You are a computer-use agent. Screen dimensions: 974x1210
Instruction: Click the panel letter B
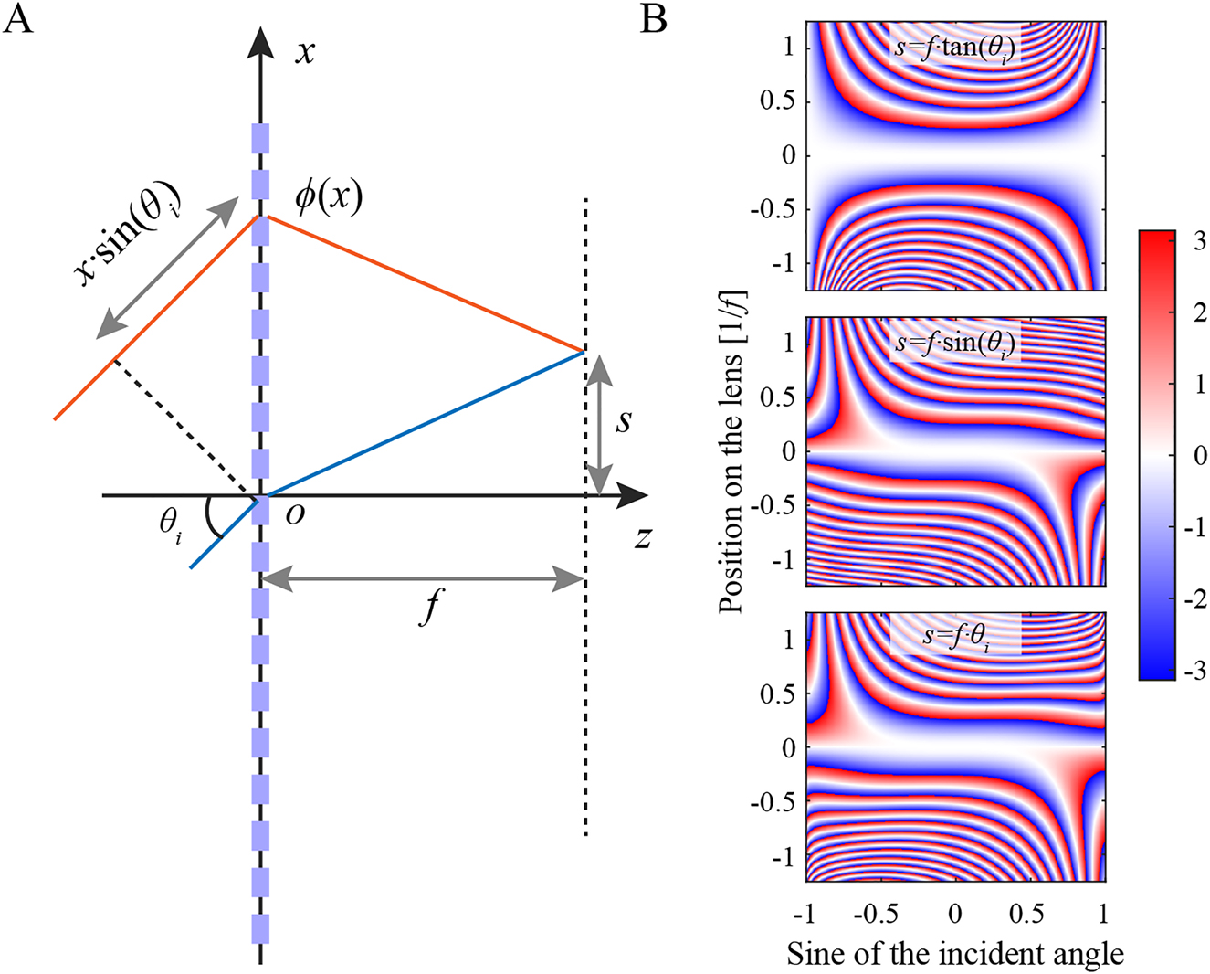pyautogui.click(x=653, y=18)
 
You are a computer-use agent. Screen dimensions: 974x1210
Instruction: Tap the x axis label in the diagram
pyautogui.click(x=305, y=51)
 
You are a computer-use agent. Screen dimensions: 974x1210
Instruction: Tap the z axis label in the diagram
pyautogui.click(x=643, y=537)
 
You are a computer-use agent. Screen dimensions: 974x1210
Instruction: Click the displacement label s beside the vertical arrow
pyautogui.click(x=624, y=421)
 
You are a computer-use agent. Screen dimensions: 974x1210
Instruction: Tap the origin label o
pyautogui.click(x=295, y=514)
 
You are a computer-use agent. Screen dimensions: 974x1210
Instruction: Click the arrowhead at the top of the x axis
pyautogui.click(x=261, y=42)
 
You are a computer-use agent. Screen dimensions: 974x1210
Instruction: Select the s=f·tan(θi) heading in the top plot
pyautogui.click(x=955, y=45)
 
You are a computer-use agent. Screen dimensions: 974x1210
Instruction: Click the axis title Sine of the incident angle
pyautogui.click(x=955, y=954)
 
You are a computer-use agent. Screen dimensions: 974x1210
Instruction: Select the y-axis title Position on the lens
pyautogui.click(x=731, y=451)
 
